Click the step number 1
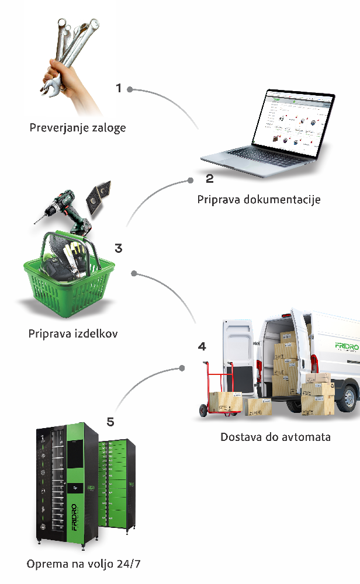point(119,89)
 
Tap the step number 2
point(210,179)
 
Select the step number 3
point(119,248)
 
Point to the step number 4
point(202,346)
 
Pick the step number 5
point(110,421)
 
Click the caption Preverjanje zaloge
point(78,127)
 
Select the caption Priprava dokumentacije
point(259,200)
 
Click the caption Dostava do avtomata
point(275,436)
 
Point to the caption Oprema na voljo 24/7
point(84,564)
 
